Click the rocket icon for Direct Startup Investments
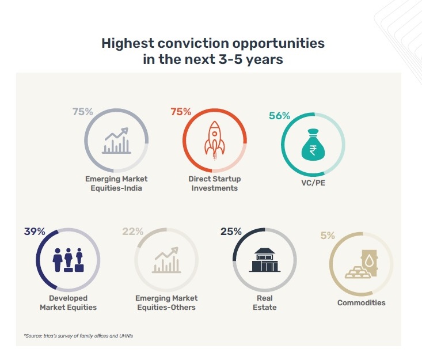215,141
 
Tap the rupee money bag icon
313,145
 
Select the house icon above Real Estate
265,260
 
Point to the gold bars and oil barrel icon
361,264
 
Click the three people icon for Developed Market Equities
68,260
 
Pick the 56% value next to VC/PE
279,116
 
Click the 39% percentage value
35,232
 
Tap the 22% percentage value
133,232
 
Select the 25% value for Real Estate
231,232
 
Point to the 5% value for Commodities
328,236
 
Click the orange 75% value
181,112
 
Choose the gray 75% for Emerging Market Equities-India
83,112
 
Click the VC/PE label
313,183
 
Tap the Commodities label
361,302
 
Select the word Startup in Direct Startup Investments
225,179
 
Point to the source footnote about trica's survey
78,336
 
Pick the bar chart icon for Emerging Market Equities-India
116,141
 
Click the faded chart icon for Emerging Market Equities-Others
166,260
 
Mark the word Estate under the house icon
265,307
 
